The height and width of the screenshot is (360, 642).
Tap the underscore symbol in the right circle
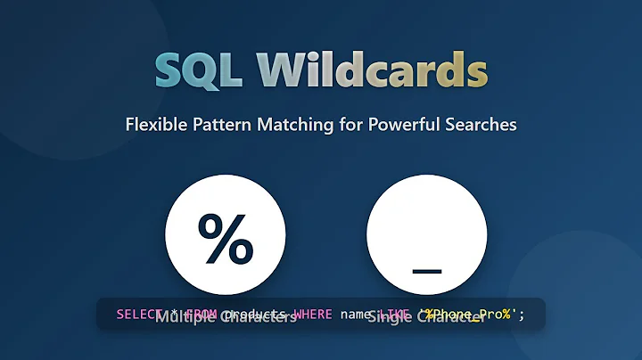(x=426, y=268)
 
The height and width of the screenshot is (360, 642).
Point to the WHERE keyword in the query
(x=308, y=314)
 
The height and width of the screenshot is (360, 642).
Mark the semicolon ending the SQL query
(x=523, y=314)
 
